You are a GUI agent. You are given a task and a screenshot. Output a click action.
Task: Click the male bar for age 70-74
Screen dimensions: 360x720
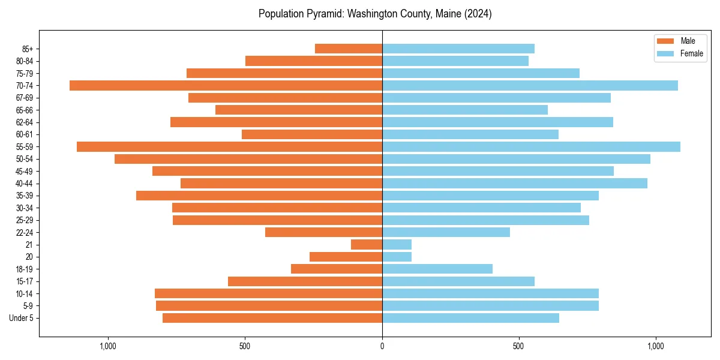pos(226,86)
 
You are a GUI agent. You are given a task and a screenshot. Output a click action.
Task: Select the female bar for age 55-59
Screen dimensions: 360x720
pos(531,147)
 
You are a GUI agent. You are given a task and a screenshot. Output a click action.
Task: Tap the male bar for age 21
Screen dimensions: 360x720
pos(367,245)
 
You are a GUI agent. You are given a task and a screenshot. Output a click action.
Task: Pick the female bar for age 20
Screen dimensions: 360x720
pos(397,257)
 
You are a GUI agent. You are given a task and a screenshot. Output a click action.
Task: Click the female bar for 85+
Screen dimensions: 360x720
pos(458,49)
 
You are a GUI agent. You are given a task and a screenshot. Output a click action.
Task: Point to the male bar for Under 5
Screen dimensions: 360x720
pos(272,318)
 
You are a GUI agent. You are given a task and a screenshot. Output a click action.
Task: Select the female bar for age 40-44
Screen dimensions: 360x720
pos(514,184)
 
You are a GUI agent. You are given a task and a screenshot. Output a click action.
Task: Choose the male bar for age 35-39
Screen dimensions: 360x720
pos(259,196)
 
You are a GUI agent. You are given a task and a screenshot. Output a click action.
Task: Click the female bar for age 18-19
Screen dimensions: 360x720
pos(437,269)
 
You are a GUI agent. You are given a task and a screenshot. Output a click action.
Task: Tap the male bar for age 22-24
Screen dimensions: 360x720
pos(323,232)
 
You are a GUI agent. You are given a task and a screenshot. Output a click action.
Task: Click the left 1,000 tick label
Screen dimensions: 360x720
pos(108,346)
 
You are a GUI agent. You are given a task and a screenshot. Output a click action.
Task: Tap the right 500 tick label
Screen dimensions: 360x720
pos(519,346)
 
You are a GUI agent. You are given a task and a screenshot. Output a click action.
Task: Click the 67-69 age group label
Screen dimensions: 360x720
pos(25,98)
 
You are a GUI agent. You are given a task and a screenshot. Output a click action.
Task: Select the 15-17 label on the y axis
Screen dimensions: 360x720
pos(25,281)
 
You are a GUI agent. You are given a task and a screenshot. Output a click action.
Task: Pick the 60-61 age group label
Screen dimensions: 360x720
pos(25,134)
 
